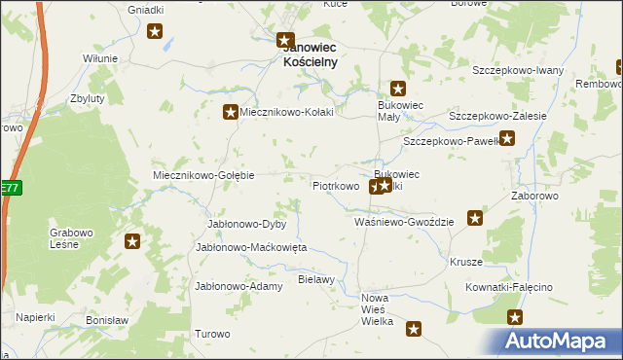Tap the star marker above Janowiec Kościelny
[285, 41]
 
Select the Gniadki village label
[146, 9]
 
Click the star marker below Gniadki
[156, 32]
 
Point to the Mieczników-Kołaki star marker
[231, 112]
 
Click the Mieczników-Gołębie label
[203, 175]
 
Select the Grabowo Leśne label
[71, 238]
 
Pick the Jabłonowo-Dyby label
[245, 224]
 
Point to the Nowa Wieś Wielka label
[377, 308]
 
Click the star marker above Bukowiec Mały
[397, 89]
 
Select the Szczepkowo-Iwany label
[518, 70]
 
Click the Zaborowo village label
[534, 196]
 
